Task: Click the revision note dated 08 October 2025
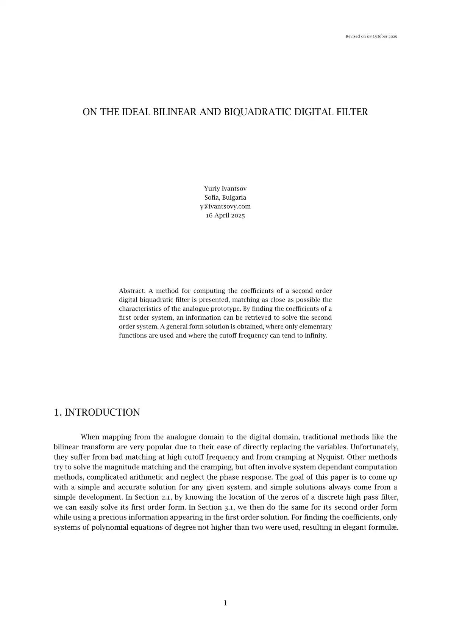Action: tap(371, 36)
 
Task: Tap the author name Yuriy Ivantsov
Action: tap(225, 189)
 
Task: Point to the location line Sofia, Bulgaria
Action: tap(225, 197)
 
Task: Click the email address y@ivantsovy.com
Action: tap(225, 206)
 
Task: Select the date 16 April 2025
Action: tap(225, 216)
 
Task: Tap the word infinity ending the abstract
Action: tap(315, 336)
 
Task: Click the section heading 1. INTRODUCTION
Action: tap(97, 413)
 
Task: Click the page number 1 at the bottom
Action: tap(225, 603)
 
